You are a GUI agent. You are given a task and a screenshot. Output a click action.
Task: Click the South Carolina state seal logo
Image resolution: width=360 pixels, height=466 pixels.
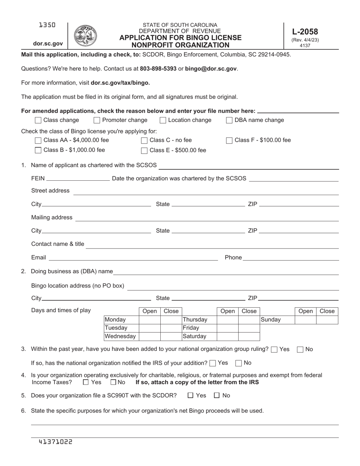click(x=85, y=36)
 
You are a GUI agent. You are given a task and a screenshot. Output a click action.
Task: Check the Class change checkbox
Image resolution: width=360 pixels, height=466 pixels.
click(x=38, y=120)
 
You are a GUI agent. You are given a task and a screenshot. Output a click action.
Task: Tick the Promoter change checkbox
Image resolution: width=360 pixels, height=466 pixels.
click(x=97, y=120)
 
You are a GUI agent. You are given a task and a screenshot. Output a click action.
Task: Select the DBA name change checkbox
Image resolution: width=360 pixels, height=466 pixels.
click(x=229, y=120)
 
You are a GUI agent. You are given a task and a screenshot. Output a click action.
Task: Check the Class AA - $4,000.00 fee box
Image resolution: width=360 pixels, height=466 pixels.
click(x=38, y=141)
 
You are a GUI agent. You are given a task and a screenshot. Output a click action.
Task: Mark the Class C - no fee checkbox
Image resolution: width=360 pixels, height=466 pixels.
click(x=144, y=141)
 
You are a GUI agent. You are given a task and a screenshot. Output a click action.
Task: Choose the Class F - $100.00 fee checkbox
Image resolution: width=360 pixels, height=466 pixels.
click(x=229, y=141)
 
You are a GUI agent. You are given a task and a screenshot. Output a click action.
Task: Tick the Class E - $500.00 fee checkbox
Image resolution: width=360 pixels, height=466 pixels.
click(x=144, y=150)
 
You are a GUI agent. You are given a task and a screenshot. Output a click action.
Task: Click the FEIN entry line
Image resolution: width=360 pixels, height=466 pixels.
click(x=77, y=179)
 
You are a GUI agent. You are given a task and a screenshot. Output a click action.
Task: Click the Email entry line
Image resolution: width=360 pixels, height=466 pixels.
click(x=133, y=258)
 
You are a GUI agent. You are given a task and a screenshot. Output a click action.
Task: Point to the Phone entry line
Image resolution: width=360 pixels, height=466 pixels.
click(x=291, y=258)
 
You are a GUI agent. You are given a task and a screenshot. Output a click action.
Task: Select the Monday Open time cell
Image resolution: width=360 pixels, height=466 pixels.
click(x=150, y=320)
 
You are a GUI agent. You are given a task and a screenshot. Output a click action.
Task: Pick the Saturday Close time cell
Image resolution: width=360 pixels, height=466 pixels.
click(x=249, y=336)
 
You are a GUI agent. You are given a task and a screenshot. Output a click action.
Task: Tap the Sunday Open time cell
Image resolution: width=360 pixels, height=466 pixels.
click(x=305, y=320)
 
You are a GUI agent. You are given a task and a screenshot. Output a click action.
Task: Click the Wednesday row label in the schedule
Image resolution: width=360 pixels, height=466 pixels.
click(x=120, y=336)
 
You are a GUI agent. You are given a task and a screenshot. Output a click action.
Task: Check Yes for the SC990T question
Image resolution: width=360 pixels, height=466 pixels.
click(x=191, y=396)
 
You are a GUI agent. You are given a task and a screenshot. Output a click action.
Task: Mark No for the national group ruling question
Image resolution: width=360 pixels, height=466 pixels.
click(x=300, y=350)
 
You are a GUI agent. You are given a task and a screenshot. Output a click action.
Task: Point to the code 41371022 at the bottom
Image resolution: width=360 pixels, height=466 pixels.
click(x=55, y=442)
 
